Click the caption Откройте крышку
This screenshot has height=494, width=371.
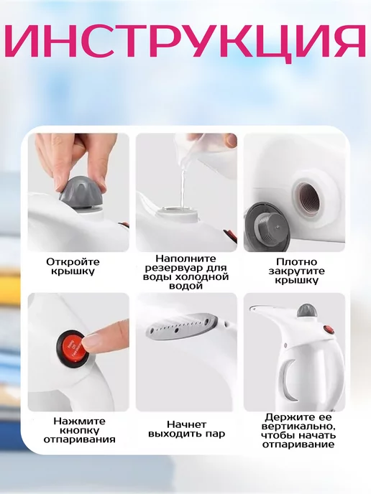(73, 266)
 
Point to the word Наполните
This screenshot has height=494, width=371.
(185, 258)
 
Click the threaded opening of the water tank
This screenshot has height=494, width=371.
(309, 199)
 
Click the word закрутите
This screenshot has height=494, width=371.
(296, 271)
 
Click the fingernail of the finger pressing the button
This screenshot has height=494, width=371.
(91, 340)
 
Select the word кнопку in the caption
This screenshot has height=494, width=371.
(75, 431)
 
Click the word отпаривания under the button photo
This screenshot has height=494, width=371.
(80, 439)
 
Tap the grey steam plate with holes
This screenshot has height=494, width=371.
(182, 326)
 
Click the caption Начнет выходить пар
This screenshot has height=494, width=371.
(186, 429)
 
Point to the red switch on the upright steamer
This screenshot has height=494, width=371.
(329, 330)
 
